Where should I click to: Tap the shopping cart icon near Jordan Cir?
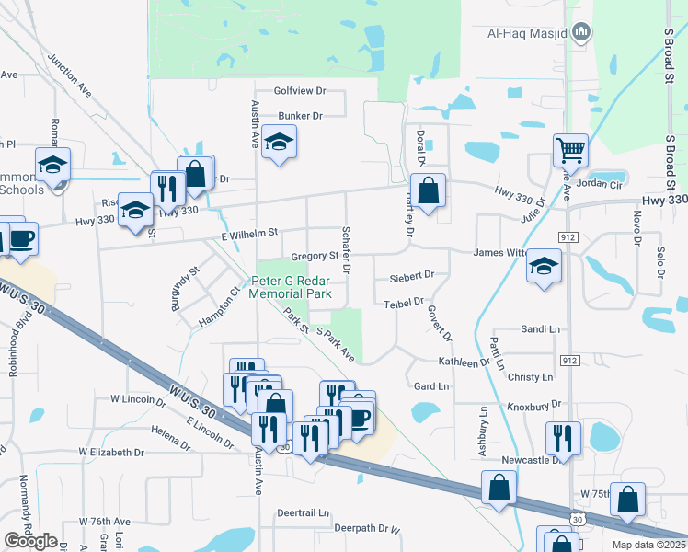pos(571,149)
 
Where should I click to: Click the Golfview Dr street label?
pos(301,91)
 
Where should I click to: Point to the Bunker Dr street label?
pos(301,116)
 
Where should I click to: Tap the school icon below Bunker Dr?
pos(279,142)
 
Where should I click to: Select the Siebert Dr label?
pos(411,275)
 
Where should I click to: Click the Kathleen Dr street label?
pos(464,362)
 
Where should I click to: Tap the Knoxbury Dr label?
pos(533,406)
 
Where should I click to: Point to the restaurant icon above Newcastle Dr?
pos(562,436)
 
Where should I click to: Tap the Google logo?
pos(30,541)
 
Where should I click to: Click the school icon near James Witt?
pos(544,267)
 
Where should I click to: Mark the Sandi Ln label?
pos(540,328)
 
